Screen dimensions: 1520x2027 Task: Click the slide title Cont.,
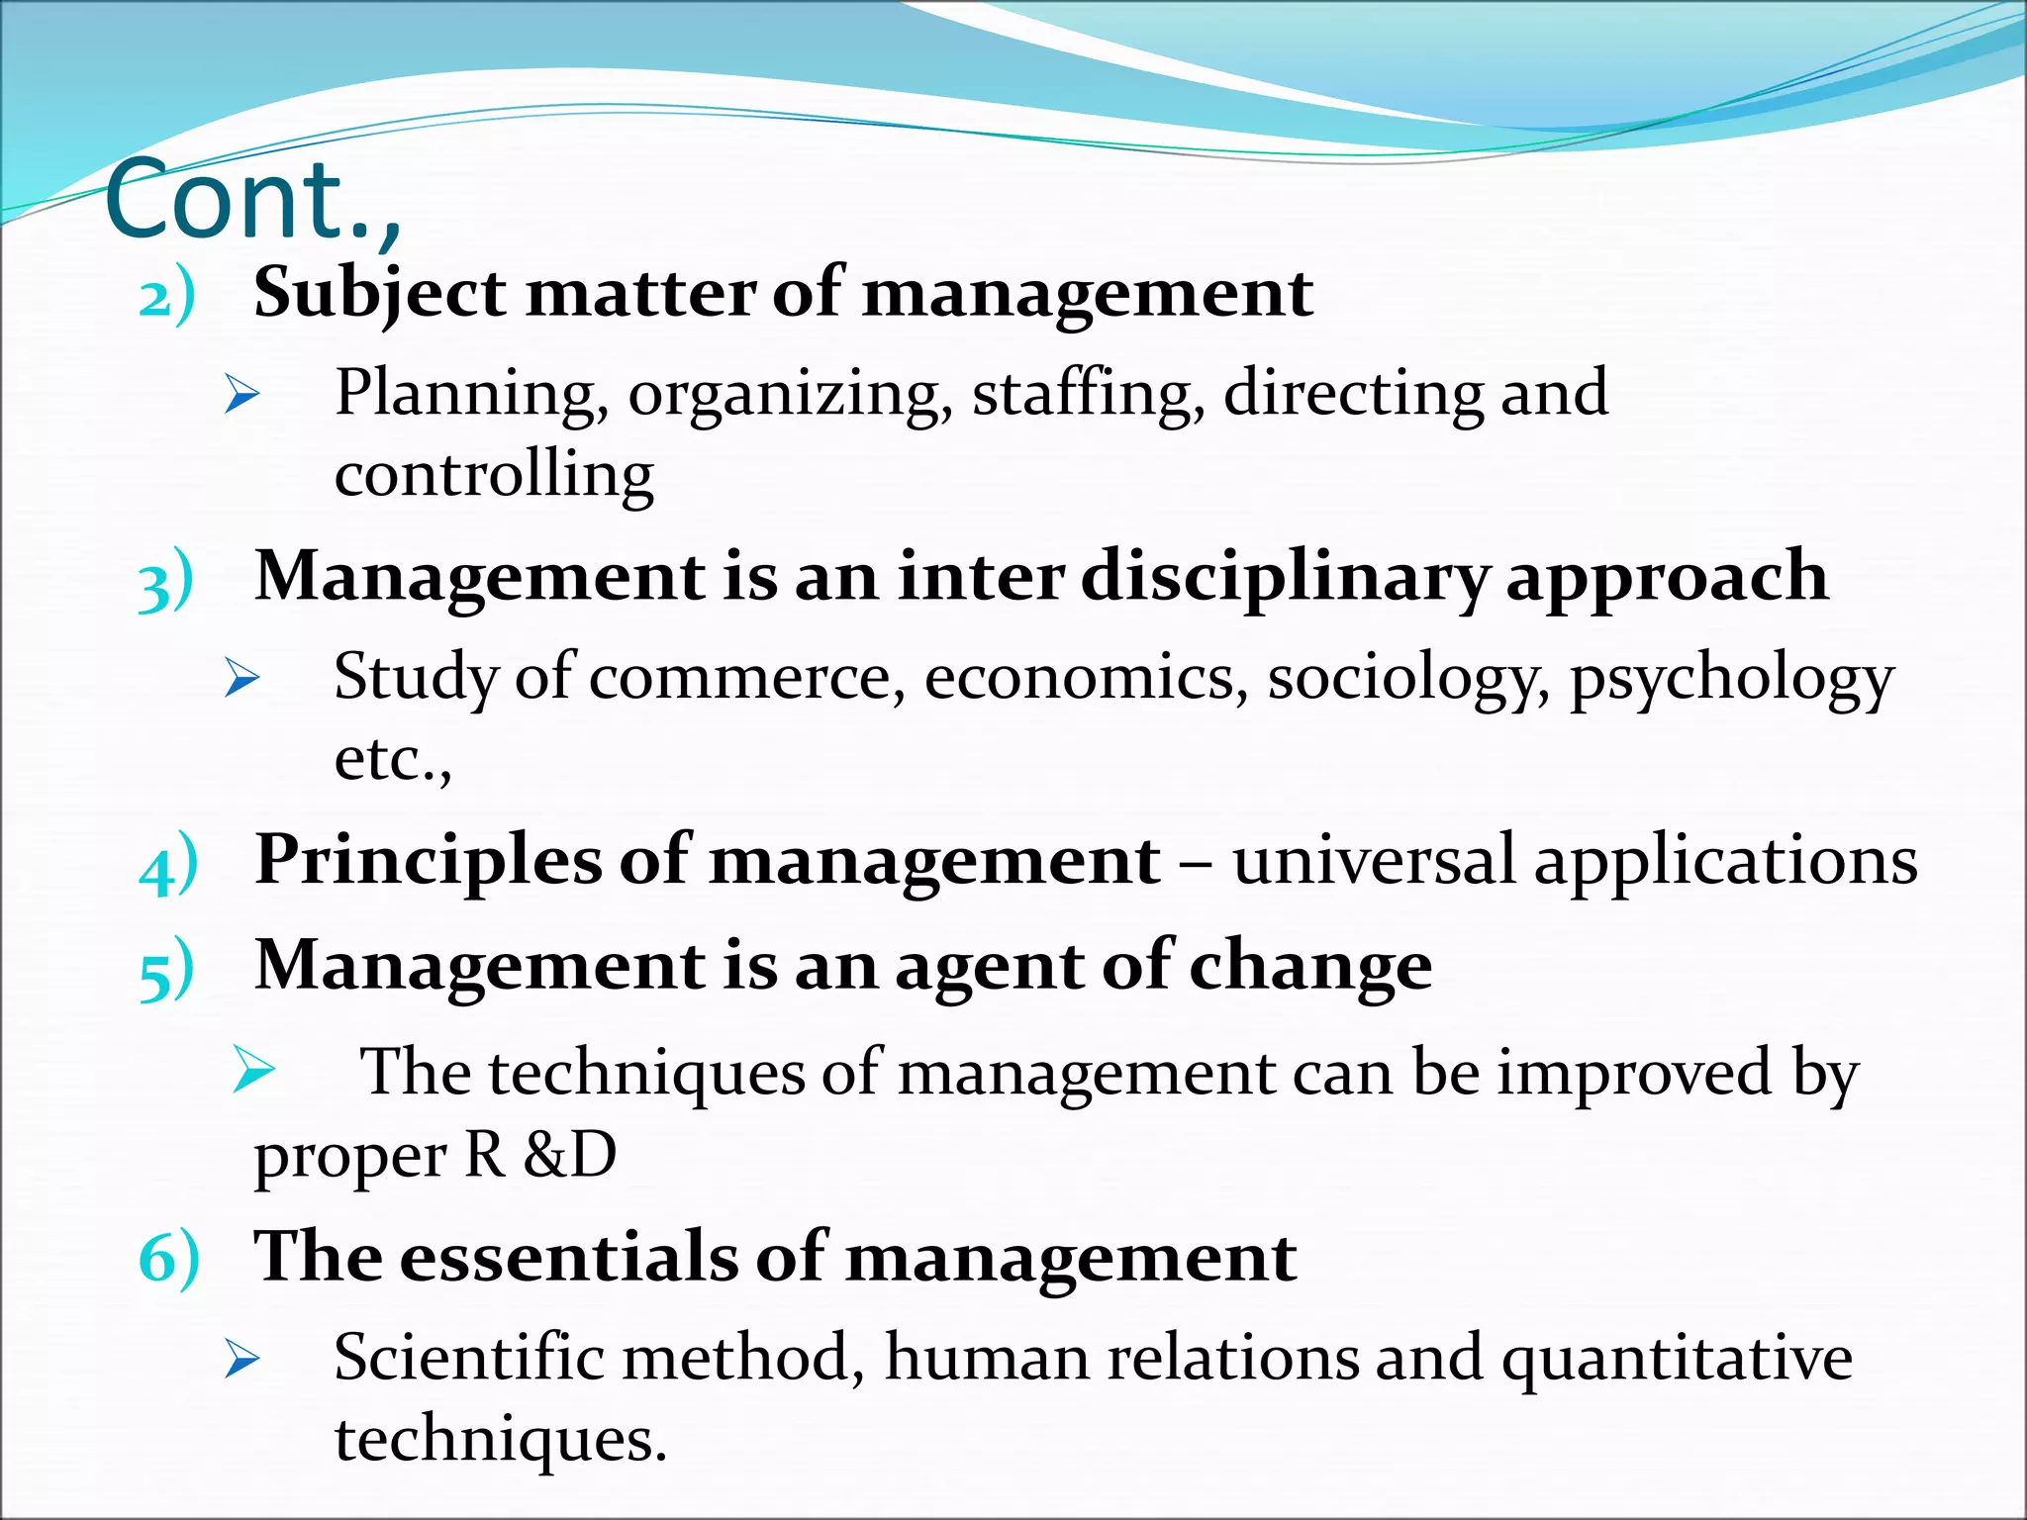252,201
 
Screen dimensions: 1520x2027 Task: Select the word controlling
494,475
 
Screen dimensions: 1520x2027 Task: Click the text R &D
540,1154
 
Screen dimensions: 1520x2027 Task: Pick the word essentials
568,1257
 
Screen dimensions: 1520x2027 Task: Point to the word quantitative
1677,1359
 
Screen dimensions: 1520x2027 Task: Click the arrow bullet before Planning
241,394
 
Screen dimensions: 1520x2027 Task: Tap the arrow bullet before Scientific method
241,1359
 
